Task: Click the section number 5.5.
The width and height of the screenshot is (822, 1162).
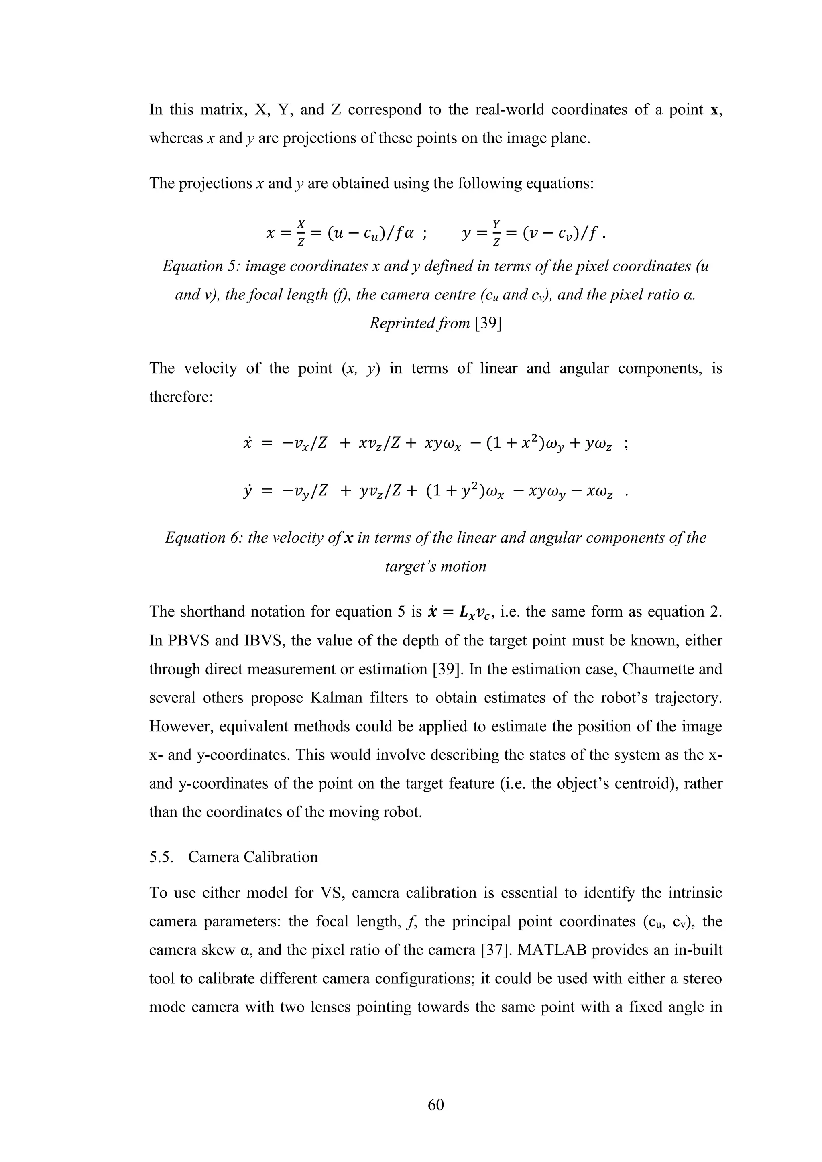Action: (x=162, y=857)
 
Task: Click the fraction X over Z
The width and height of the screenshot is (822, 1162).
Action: (x=301, y=233)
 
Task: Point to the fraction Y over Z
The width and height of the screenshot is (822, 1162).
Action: (x=496, y=233)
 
